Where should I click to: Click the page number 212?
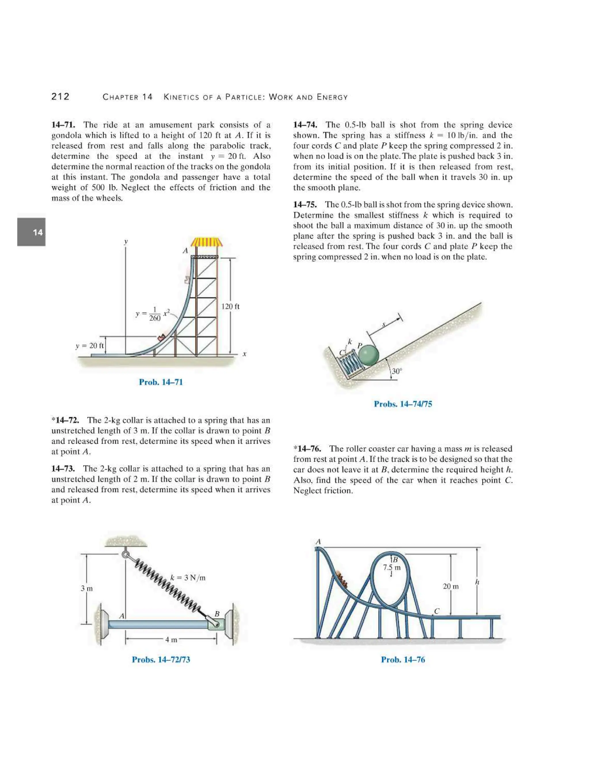(60, 97)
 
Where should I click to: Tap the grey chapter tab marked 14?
(31, 232)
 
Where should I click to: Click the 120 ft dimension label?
(230, 306)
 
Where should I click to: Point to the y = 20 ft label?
(90, 346)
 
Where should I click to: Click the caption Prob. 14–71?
(161, 382)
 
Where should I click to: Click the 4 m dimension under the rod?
(171, 640)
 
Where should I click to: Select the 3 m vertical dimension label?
(87, 588)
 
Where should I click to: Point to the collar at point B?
(216, 624)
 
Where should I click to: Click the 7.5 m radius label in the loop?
(392, 567)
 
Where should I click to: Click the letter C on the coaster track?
(436, 611)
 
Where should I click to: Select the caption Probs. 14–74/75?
(403, 404)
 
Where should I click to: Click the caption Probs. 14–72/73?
(161, 660)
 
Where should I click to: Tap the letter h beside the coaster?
(477, 582)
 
